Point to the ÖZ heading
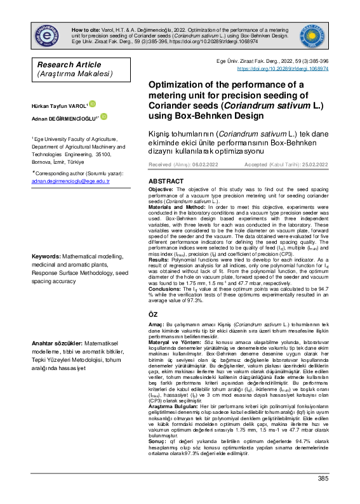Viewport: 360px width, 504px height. [153, 315]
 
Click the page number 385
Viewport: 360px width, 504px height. [323, 496]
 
